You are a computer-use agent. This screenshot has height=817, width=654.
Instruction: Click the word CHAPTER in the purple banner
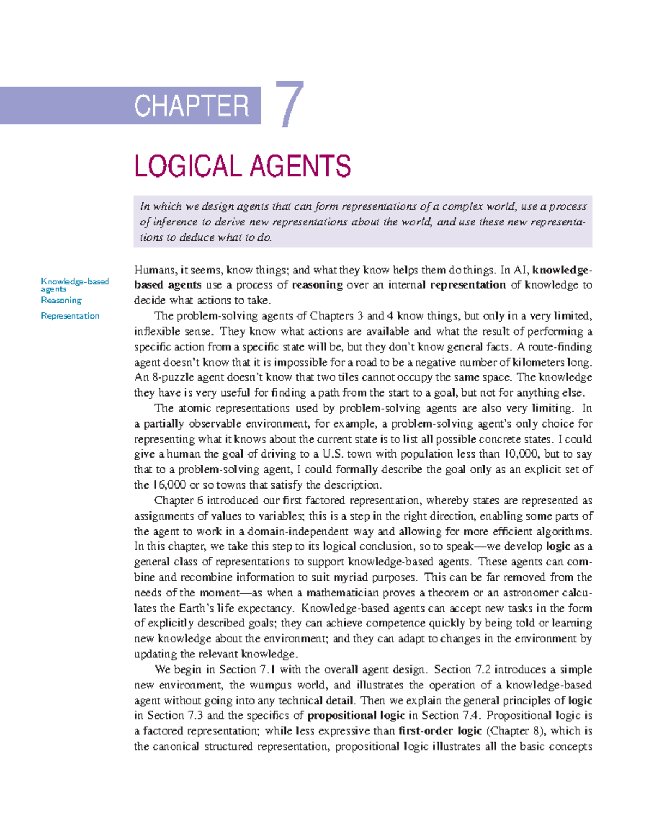point(191,106)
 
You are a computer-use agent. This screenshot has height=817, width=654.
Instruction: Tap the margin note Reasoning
point(61,300)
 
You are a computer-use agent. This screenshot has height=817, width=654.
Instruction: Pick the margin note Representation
point(70,316)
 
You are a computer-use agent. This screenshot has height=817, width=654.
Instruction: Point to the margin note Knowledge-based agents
point(75,285)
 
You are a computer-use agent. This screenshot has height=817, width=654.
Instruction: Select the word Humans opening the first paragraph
point(154,270)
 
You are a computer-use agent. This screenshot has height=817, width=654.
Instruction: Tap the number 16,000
point(169,485)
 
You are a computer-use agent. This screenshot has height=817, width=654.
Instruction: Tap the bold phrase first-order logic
point(440,731)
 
